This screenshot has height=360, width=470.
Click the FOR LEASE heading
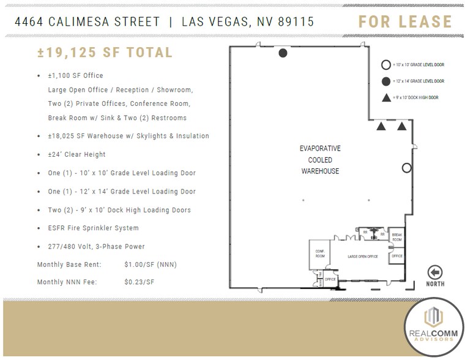pos(405,21)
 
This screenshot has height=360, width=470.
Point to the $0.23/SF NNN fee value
pos(140,282)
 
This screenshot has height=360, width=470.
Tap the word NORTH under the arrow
pos(435,284)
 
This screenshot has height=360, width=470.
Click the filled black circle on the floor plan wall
pos(283,53)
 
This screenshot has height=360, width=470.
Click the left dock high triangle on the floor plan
pos(381,127)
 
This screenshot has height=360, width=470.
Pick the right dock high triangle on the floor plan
pos(401,127)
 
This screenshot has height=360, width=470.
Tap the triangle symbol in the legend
pos(386,97)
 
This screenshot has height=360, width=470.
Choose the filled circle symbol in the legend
pos(386,81)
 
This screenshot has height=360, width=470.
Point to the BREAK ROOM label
pos(397,237)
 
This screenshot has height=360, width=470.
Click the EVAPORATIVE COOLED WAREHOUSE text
pos(320,160)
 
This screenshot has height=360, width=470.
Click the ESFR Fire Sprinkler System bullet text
pos(93,228)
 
